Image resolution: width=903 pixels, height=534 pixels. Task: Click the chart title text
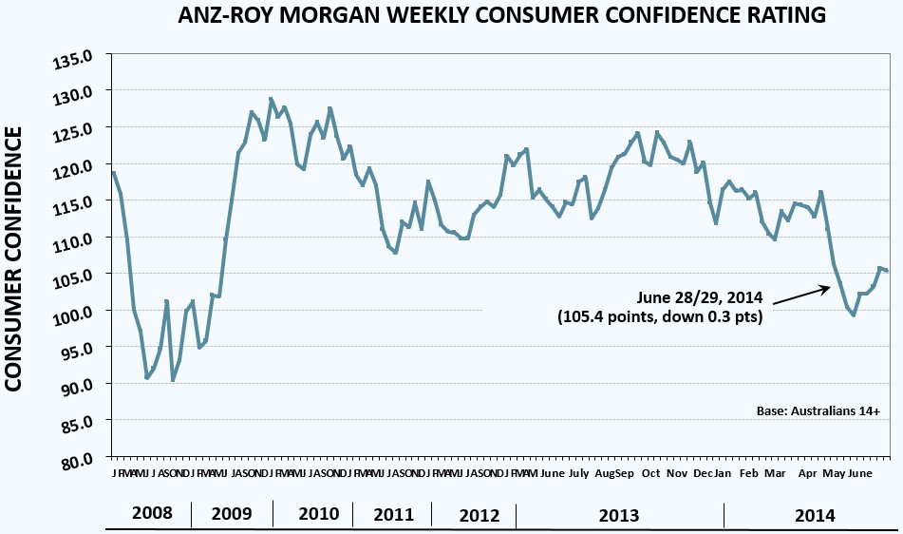[502, 16]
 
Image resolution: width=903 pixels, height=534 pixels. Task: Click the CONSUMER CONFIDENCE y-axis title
[15, 258]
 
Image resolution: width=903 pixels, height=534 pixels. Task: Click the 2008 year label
[151, 515]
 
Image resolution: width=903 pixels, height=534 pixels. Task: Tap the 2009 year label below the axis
[232, 515]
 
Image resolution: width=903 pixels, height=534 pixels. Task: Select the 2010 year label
[318, 515]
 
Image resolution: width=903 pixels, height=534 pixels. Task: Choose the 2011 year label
[393, 515]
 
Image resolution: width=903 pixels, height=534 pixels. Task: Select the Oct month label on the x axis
[651, 472]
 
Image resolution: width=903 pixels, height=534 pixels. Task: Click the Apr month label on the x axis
[808, 472]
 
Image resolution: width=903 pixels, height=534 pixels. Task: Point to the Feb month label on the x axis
[749, 472]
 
